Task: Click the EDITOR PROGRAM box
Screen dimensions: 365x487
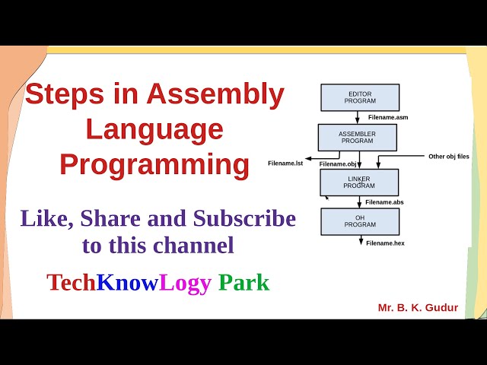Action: point(360,97)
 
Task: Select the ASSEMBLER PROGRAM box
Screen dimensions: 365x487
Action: point(357,138)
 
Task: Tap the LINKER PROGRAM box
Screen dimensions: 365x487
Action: point(358,182)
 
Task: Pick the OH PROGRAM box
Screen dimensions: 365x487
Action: point(360,221)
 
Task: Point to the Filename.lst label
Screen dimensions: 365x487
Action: point(285,163)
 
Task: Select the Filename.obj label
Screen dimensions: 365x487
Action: point(339,163)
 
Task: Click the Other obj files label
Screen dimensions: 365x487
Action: point(448,156)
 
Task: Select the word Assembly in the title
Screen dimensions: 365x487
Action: point(215,95)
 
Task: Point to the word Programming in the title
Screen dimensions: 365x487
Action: point(154,165)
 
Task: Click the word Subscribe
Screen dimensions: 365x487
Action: point(244,219)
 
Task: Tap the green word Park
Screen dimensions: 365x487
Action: point(243,283)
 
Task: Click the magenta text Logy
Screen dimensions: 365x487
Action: point(185,283)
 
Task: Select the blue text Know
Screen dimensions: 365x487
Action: point(127,283)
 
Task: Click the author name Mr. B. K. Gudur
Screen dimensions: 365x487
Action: point(418,308)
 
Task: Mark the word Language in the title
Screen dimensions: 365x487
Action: point(154,129)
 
